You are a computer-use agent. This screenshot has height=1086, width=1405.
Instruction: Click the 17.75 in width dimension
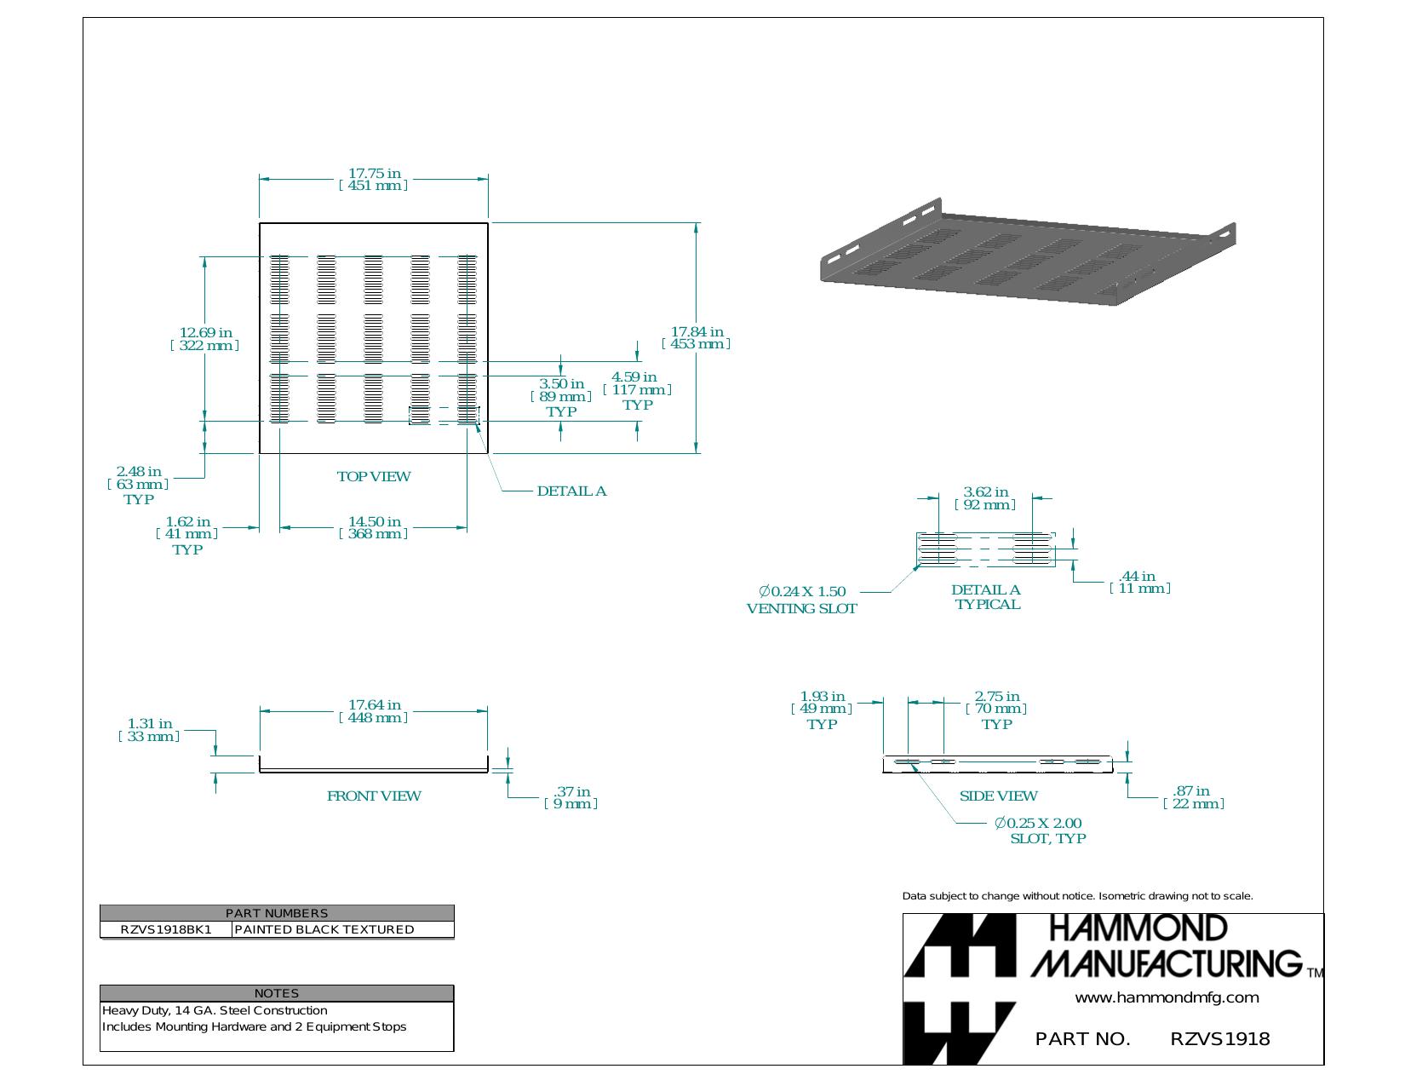click(374, 179)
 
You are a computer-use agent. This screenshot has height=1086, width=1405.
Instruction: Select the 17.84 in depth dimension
click(696, 337)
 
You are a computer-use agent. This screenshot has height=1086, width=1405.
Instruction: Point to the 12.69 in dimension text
click(205, 339)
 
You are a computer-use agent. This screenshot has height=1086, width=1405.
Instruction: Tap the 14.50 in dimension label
click(374, 527)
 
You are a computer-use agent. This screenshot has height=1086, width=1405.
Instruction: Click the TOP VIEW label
click(374, 477)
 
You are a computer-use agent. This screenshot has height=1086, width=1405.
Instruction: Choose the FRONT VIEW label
click(374, 796)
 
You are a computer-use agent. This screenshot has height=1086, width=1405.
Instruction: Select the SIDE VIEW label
click(998, 796)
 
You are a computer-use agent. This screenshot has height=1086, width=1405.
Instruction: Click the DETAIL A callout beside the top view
click(571, 491)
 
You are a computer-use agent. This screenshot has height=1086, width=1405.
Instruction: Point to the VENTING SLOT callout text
click(802, 608)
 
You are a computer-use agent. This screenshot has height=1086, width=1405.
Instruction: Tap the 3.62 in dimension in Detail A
click(985, 498)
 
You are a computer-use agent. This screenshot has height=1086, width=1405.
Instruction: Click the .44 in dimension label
click(1140, 582)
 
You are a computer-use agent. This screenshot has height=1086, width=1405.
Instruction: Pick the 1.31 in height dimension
click(149, 730)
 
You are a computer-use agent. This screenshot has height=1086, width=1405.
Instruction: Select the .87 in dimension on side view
click(1194, 797)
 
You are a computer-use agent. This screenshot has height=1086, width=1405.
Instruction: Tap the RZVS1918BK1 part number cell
click(166, 929)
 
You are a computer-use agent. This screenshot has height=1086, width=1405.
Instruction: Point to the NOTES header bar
click(277, 993)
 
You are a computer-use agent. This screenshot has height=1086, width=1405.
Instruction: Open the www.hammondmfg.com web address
click(1167, 997)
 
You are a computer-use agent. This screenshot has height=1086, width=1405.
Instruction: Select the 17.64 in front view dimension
click(374, 711)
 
